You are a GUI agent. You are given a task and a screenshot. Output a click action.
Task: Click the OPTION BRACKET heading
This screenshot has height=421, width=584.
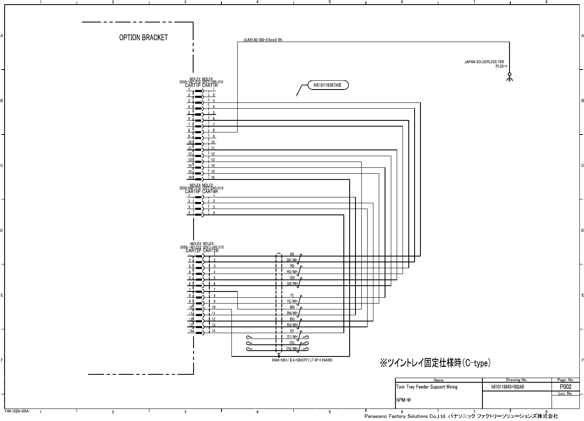(143, 37)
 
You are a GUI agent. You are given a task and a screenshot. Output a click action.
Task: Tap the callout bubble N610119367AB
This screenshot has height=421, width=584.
(327, 85)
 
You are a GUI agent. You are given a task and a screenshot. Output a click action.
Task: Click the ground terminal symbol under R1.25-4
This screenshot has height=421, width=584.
(509, 77)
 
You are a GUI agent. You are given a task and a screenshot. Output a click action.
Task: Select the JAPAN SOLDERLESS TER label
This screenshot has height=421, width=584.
(484, 62)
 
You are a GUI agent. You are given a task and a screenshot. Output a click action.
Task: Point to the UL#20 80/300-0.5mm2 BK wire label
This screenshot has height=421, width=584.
(263, 40)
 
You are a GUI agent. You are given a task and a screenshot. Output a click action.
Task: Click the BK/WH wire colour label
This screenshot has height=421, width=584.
(292, 260)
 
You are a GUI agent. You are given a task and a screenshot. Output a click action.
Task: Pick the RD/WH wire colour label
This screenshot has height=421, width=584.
(292, 272)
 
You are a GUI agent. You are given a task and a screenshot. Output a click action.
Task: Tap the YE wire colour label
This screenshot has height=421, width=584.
(292, 296)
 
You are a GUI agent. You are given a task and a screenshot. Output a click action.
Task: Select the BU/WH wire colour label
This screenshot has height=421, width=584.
(292, 325)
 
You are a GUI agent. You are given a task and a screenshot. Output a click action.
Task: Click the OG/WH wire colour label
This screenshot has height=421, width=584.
(292, 349)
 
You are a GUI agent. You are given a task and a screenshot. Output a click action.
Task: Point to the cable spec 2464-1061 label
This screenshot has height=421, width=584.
(302, 360)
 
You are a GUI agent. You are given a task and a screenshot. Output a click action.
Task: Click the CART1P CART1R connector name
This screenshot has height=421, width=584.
(201, 85)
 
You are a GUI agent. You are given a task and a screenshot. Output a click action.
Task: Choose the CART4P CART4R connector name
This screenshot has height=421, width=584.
(201, 192)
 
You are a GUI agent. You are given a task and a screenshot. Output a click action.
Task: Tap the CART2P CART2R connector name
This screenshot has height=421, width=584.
(202, 251)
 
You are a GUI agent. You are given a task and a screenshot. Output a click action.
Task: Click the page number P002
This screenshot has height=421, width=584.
(565, 387)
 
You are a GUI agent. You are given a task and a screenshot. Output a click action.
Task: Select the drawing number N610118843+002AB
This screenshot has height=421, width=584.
(507, 387)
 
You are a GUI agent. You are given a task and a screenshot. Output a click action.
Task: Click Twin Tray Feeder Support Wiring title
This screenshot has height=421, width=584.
(427, 387)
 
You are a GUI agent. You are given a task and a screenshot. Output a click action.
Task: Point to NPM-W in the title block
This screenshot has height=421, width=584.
(403, 400)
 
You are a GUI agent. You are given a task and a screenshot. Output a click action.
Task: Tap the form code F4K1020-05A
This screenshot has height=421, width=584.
(17, 411)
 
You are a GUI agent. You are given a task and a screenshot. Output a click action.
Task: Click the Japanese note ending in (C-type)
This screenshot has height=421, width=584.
(435, 363)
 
